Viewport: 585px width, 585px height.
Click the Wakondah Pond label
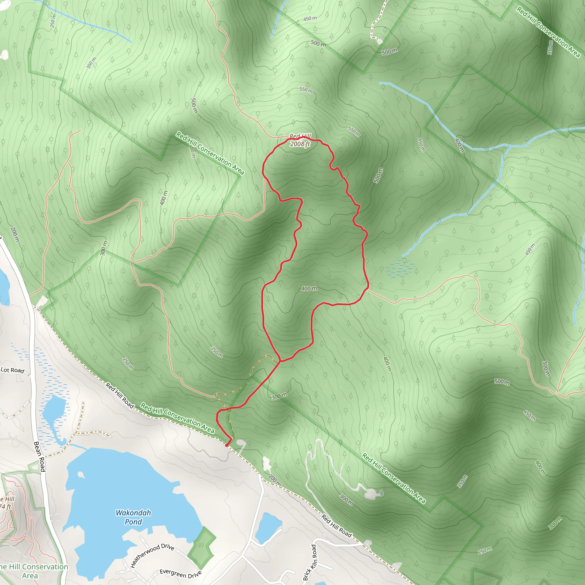pos(133,517)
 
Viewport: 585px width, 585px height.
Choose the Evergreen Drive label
pos(181,574)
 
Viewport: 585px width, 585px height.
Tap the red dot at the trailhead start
pos(227,445)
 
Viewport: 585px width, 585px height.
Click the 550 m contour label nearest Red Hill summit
pos(354,131)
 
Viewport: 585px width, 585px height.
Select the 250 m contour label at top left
pos(53,21)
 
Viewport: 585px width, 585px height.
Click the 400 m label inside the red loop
pos(309,289)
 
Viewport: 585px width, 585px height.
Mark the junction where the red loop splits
pos(281,361)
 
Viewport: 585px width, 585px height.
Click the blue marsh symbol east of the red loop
pos(400,268)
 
